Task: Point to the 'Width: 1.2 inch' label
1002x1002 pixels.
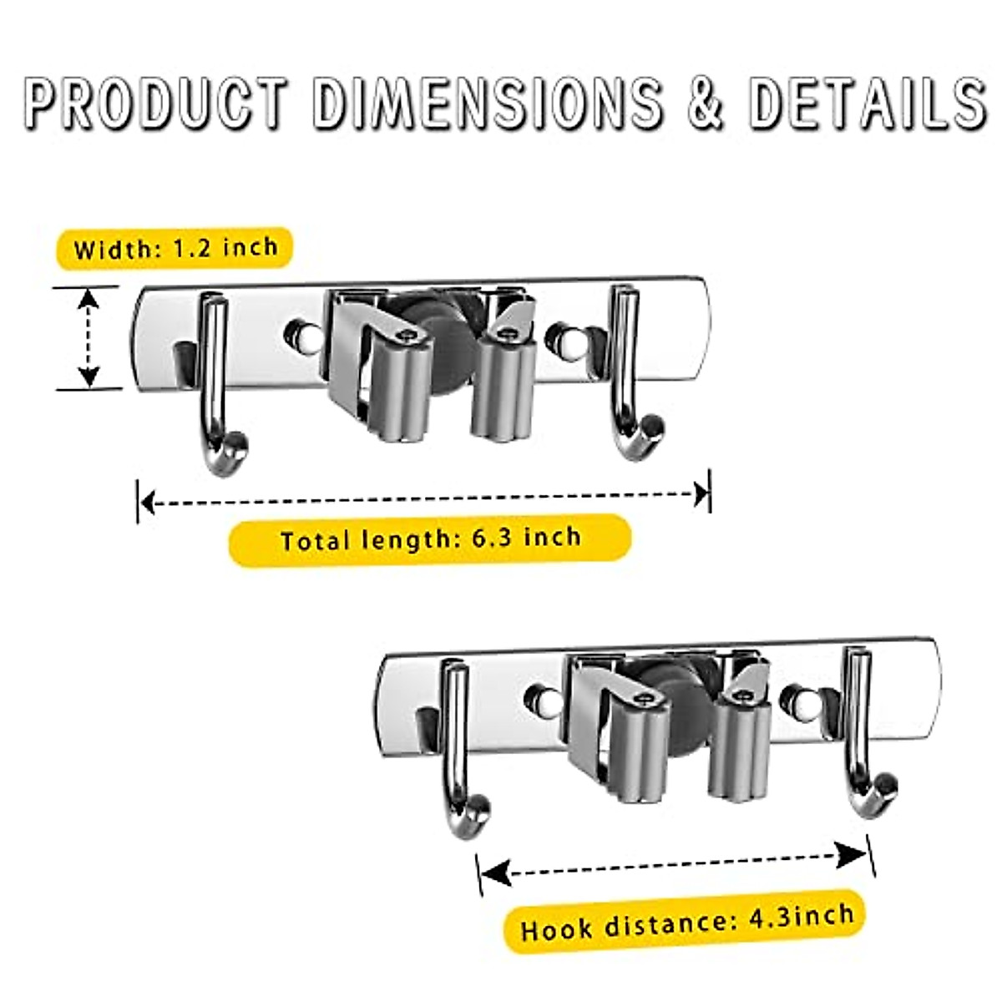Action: tap(175, 248)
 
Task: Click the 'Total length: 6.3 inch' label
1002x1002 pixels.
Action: tap(430, 539)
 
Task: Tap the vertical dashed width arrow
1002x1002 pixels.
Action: tap(88, 337)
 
